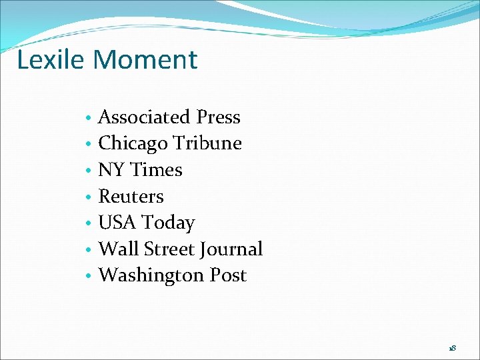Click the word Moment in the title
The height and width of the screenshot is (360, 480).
[146, 59]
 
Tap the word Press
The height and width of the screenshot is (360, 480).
[219, 117]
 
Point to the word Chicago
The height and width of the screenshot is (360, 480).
[133, 144]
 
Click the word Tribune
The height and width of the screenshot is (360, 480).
[207, 143]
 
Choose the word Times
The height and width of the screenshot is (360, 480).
[157, 170]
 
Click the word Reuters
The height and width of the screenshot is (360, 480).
[131, 197]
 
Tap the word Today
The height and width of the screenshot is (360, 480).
[169, 223]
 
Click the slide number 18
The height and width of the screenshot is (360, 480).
[453, 348]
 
